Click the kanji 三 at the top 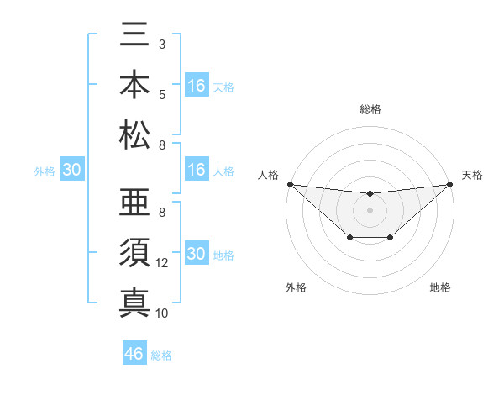[134, 37]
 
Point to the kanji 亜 [134, 203]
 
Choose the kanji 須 [134, 252]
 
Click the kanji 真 [134, 300]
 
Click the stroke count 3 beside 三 [162, 43]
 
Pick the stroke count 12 [163, 263]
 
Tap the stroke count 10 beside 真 [163, 313]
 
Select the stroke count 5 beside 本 [162, 93]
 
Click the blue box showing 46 [134, 354]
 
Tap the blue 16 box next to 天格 [197, 86]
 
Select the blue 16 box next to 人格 [197, 171]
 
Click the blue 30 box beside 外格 [71, 171]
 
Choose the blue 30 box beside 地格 [197, 255]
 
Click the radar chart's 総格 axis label [370, 109]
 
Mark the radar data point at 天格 [449, 184]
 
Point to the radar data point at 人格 [290, 184]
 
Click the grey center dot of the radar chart [370, 210]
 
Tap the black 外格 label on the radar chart [296, 287]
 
